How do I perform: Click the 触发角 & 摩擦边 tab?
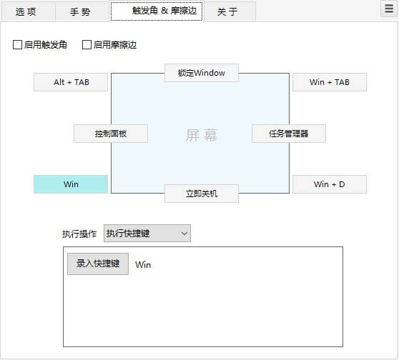[157, 11]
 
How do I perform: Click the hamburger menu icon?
[389, 9]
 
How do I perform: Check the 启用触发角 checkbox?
[18, 45]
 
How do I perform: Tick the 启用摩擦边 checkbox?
[87, 45]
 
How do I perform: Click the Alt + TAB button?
[71, 82]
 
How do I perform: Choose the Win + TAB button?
[330, 82]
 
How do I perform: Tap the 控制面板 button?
[111, 134]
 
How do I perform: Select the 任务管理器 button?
[289, 134]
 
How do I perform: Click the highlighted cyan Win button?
[71, 184]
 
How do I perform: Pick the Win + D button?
[330, 184]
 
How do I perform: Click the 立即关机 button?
[202, 194]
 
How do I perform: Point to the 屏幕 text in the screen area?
[202, 135]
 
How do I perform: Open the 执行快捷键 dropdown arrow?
[184, 234]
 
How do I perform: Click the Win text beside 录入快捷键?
[143, 265]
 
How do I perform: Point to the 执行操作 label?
[79, 234]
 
